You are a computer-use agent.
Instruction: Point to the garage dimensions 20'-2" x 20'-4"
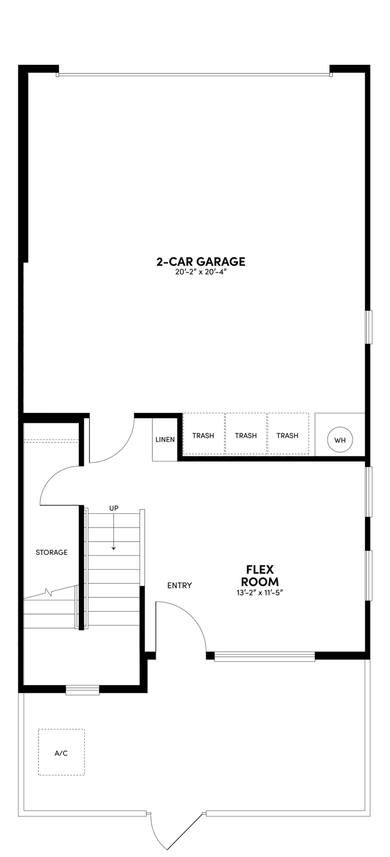pos(201,272)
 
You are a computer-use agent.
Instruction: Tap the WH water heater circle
pos(340,440)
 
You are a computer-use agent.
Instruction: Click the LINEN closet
pos(165,440)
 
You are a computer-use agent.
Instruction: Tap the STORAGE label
pos(52,552)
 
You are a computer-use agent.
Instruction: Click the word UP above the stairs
pos(114,508)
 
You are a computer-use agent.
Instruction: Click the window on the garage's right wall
pos(369,327)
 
